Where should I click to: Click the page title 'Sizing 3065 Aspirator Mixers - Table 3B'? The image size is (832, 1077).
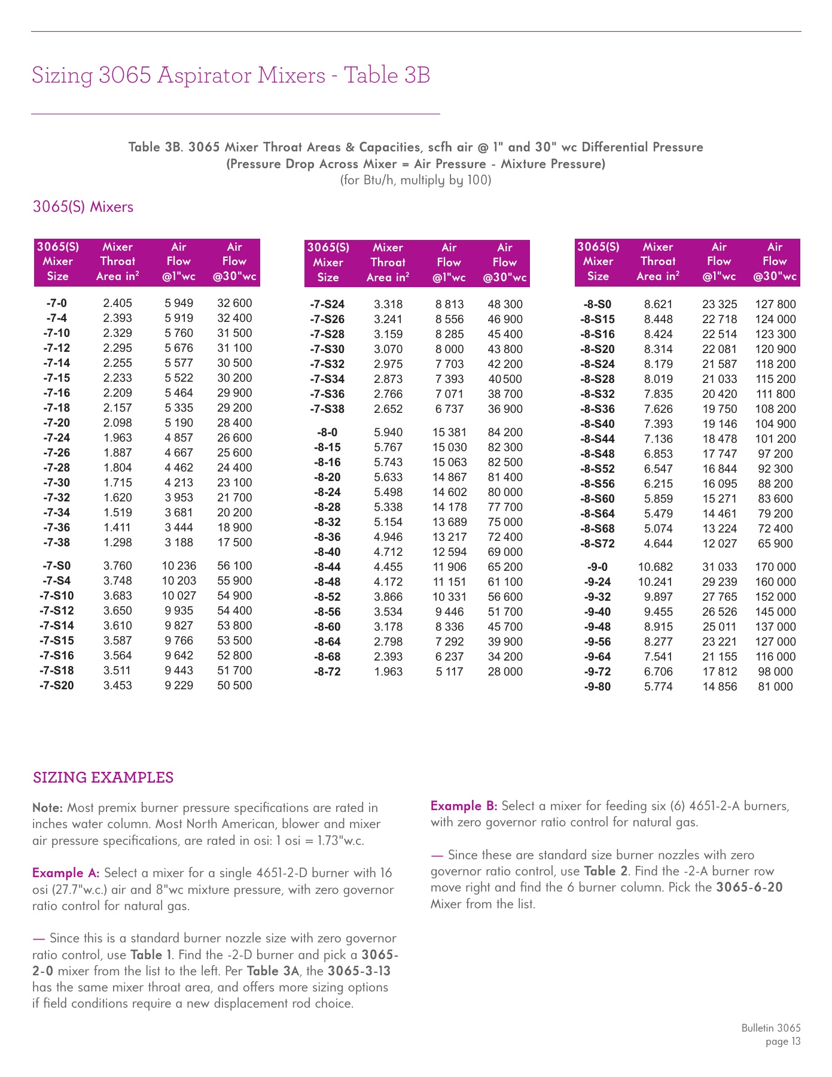point(231,75)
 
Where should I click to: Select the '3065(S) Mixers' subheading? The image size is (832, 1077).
point(83,207)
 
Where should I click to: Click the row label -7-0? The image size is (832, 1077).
point(57,303)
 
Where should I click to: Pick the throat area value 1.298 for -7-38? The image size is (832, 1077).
point(117,543)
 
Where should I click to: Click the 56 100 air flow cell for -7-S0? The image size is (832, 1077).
point(234,566)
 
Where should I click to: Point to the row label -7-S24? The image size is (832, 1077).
point(327,305)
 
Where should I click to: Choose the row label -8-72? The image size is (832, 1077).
point(327,672)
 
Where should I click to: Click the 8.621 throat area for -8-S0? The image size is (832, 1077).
point(658,305)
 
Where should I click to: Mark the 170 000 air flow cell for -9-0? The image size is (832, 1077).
point(775,567)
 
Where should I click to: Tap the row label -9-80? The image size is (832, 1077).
point(598,687)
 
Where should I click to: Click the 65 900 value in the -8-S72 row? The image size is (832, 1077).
point(775,544)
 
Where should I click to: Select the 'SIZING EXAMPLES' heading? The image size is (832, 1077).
point(103,778)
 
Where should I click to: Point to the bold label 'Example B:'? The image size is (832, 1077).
point(464,806)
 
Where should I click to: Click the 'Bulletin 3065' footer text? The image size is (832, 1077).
point(770,1028)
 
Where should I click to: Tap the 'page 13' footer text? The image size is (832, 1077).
point(782,1042)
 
